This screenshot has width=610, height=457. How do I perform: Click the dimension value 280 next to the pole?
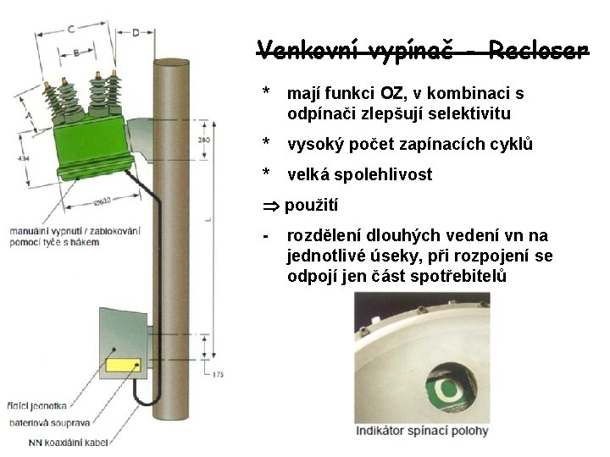tap(204, 140)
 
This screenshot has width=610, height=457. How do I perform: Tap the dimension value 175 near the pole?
tap(219, 374)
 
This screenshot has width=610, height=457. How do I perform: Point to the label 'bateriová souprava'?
tap(42, 422)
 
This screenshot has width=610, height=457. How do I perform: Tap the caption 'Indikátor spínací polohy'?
tap(422, 431)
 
